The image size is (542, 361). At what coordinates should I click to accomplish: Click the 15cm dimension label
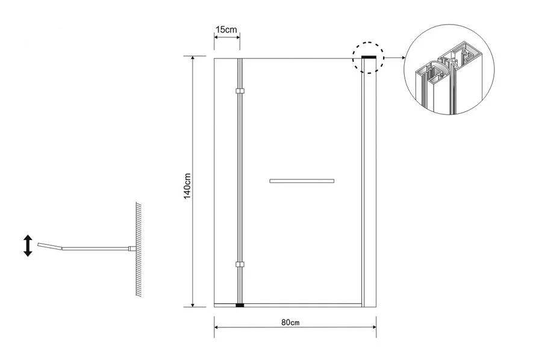pyautogui.click(x=227, y=29)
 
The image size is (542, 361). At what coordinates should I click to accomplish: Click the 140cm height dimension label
pyautogui.click(x=187, y=186)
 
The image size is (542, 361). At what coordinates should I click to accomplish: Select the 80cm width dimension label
pyautogui.click(x=290, y=322)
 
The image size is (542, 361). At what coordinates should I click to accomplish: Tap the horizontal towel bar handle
pyautogui.click(x=302, y=180)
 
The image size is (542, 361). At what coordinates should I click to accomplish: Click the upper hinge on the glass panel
pyautogui.click(x=240, y=91)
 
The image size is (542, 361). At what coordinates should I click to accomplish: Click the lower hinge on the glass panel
pyautogui.click(x=240, y=265)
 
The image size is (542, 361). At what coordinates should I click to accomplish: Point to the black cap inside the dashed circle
pyautogui.click(x=369, y=57)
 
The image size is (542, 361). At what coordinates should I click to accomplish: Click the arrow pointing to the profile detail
pyautogui.click(x=395, y=58)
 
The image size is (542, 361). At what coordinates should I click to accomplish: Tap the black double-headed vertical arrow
pyautogui.click(x=28, y=245)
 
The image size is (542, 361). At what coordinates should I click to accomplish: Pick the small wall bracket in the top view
pyautogui.click(x=132, y=248)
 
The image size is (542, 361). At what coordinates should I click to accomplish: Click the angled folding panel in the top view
pyautogui.click(x=50, y=245)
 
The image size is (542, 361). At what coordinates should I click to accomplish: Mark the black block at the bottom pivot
pyautogui.click(x=240, y=306)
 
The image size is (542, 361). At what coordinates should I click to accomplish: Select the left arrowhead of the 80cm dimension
pyautogui.click(x=217, y=327)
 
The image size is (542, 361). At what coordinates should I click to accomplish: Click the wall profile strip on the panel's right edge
pyautogui.click(x=369, y=182)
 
